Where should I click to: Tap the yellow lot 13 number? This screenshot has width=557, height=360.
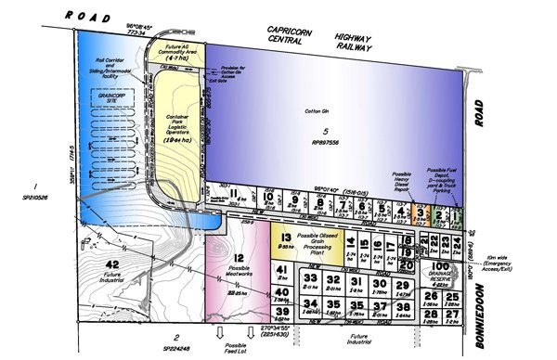(x=286, y=238)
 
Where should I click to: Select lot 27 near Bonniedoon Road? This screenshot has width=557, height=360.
(x=453, y=315)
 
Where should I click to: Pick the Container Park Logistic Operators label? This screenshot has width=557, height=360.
(x=179, y=123)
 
